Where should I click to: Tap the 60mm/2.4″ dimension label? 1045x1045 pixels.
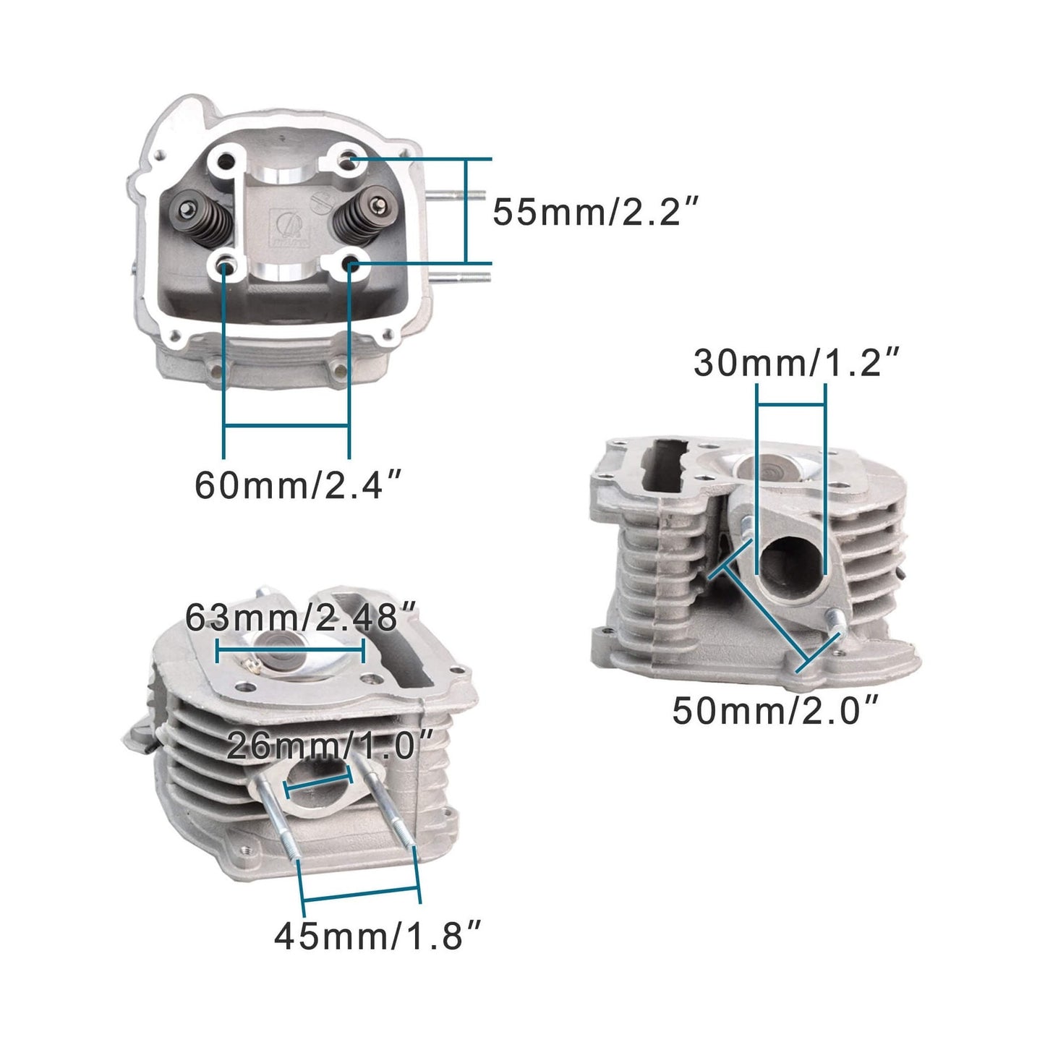tap(297, 485)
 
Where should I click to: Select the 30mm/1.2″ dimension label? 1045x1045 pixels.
tap(797, 362)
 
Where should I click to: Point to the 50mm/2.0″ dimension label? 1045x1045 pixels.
tap(775, 710)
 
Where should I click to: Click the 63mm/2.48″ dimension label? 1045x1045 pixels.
tap(301, 618)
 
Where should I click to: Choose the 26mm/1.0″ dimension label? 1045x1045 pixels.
tap(330, 746)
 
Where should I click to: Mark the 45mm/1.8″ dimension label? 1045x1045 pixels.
tap(377, 937)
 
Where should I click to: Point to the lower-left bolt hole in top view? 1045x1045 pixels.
tap(226, 265)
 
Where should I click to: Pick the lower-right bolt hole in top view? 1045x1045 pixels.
tap(351, 265)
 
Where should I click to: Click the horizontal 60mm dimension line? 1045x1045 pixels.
tap(287, 426)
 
